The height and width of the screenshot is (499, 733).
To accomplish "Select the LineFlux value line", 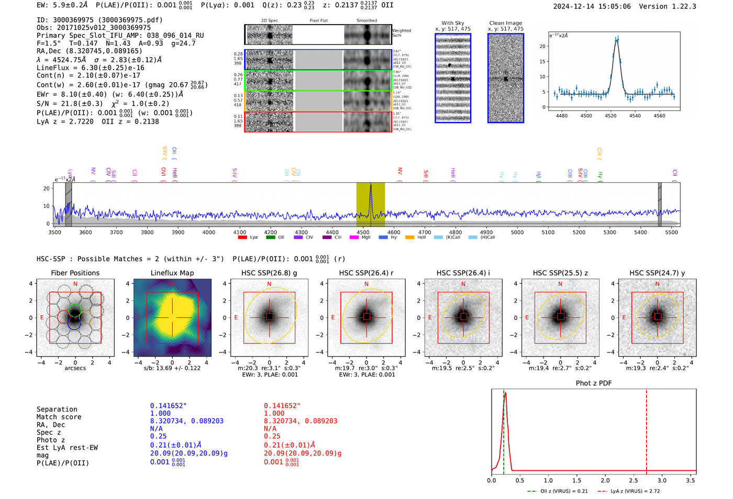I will pos(90,68).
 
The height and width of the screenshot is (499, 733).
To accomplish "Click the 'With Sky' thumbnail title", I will pos(452,23).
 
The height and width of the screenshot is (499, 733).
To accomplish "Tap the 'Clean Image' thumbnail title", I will pos(505,23).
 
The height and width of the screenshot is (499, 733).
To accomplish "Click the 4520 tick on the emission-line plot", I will pos(610,116).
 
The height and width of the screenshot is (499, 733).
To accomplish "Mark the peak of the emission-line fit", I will pos(617,39).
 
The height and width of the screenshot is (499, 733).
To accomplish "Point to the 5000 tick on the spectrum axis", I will pos(517,232).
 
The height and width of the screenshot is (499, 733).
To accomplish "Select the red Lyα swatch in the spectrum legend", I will pos(242,238).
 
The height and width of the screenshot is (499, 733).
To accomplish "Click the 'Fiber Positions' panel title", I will pos(75,273).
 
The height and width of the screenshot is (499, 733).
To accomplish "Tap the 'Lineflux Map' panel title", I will pos(172,273).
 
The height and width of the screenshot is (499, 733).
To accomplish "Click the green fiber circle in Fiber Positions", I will pos(75,309).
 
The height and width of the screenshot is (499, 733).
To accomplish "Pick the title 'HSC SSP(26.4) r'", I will pos(366,273).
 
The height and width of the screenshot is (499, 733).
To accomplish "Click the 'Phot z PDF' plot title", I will pos(593,383).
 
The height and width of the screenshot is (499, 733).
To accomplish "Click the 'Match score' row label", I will pos(59,417).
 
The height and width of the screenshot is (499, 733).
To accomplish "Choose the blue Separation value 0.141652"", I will pos(168,406).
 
